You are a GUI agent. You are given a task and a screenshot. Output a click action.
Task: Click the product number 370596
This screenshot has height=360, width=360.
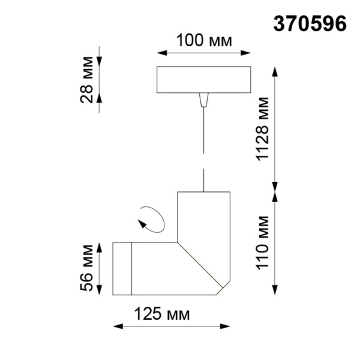(x=310, y=23)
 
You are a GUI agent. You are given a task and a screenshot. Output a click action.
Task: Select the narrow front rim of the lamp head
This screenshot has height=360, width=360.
(x=122, y=269)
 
